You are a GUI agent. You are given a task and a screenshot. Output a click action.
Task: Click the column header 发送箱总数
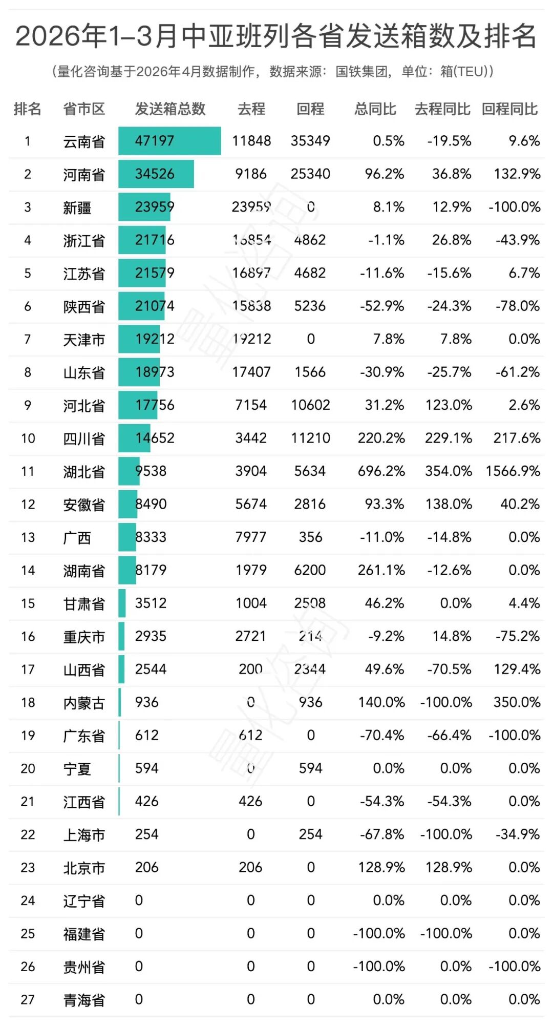pos(170,109)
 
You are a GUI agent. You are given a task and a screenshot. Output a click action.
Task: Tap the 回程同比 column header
pos(509,109)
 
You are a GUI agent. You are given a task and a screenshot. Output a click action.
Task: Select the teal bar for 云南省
pos(169,141)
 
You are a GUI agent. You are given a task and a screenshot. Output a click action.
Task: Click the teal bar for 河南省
pos(156,174)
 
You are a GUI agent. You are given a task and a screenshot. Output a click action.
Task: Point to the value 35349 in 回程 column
pos(310,141)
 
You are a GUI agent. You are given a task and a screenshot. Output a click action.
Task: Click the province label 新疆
pos(77,207)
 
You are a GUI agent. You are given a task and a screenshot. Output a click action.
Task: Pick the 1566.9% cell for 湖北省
pos(513,471)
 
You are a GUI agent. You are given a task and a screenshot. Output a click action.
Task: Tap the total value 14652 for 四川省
pos(155,438)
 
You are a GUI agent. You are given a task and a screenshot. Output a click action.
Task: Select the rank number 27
pos(28,1000)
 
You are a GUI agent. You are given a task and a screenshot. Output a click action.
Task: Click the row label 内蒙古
pos(84,703)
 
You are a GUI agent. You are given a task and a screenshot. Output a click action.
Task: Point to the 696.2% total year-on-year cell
pos(381,471)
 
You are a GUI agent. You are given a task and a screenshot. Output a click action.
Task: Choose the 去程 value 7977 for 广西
pos(251,537)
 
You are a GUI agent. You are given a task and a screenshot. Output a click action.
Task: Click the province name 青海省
pos(84,1000)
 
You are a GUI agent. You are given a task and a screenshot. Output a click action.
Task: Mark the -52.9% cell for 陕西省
pos(381,306)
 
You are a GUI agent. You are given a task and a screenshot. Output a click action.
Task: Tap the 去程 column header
pos(251,109)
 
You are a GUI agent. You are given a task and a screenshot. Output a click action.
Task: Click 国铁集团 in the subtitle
pos(361,72)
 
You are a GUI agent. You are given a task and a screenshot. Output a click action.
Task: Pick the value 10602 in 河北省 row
pos(310,405)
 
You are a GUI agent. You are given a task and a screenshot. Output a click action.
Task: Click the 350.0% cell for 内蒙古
pos(517,702)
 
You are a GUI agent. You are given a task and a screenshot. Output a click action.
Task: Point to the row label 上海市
pos(84,835)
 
